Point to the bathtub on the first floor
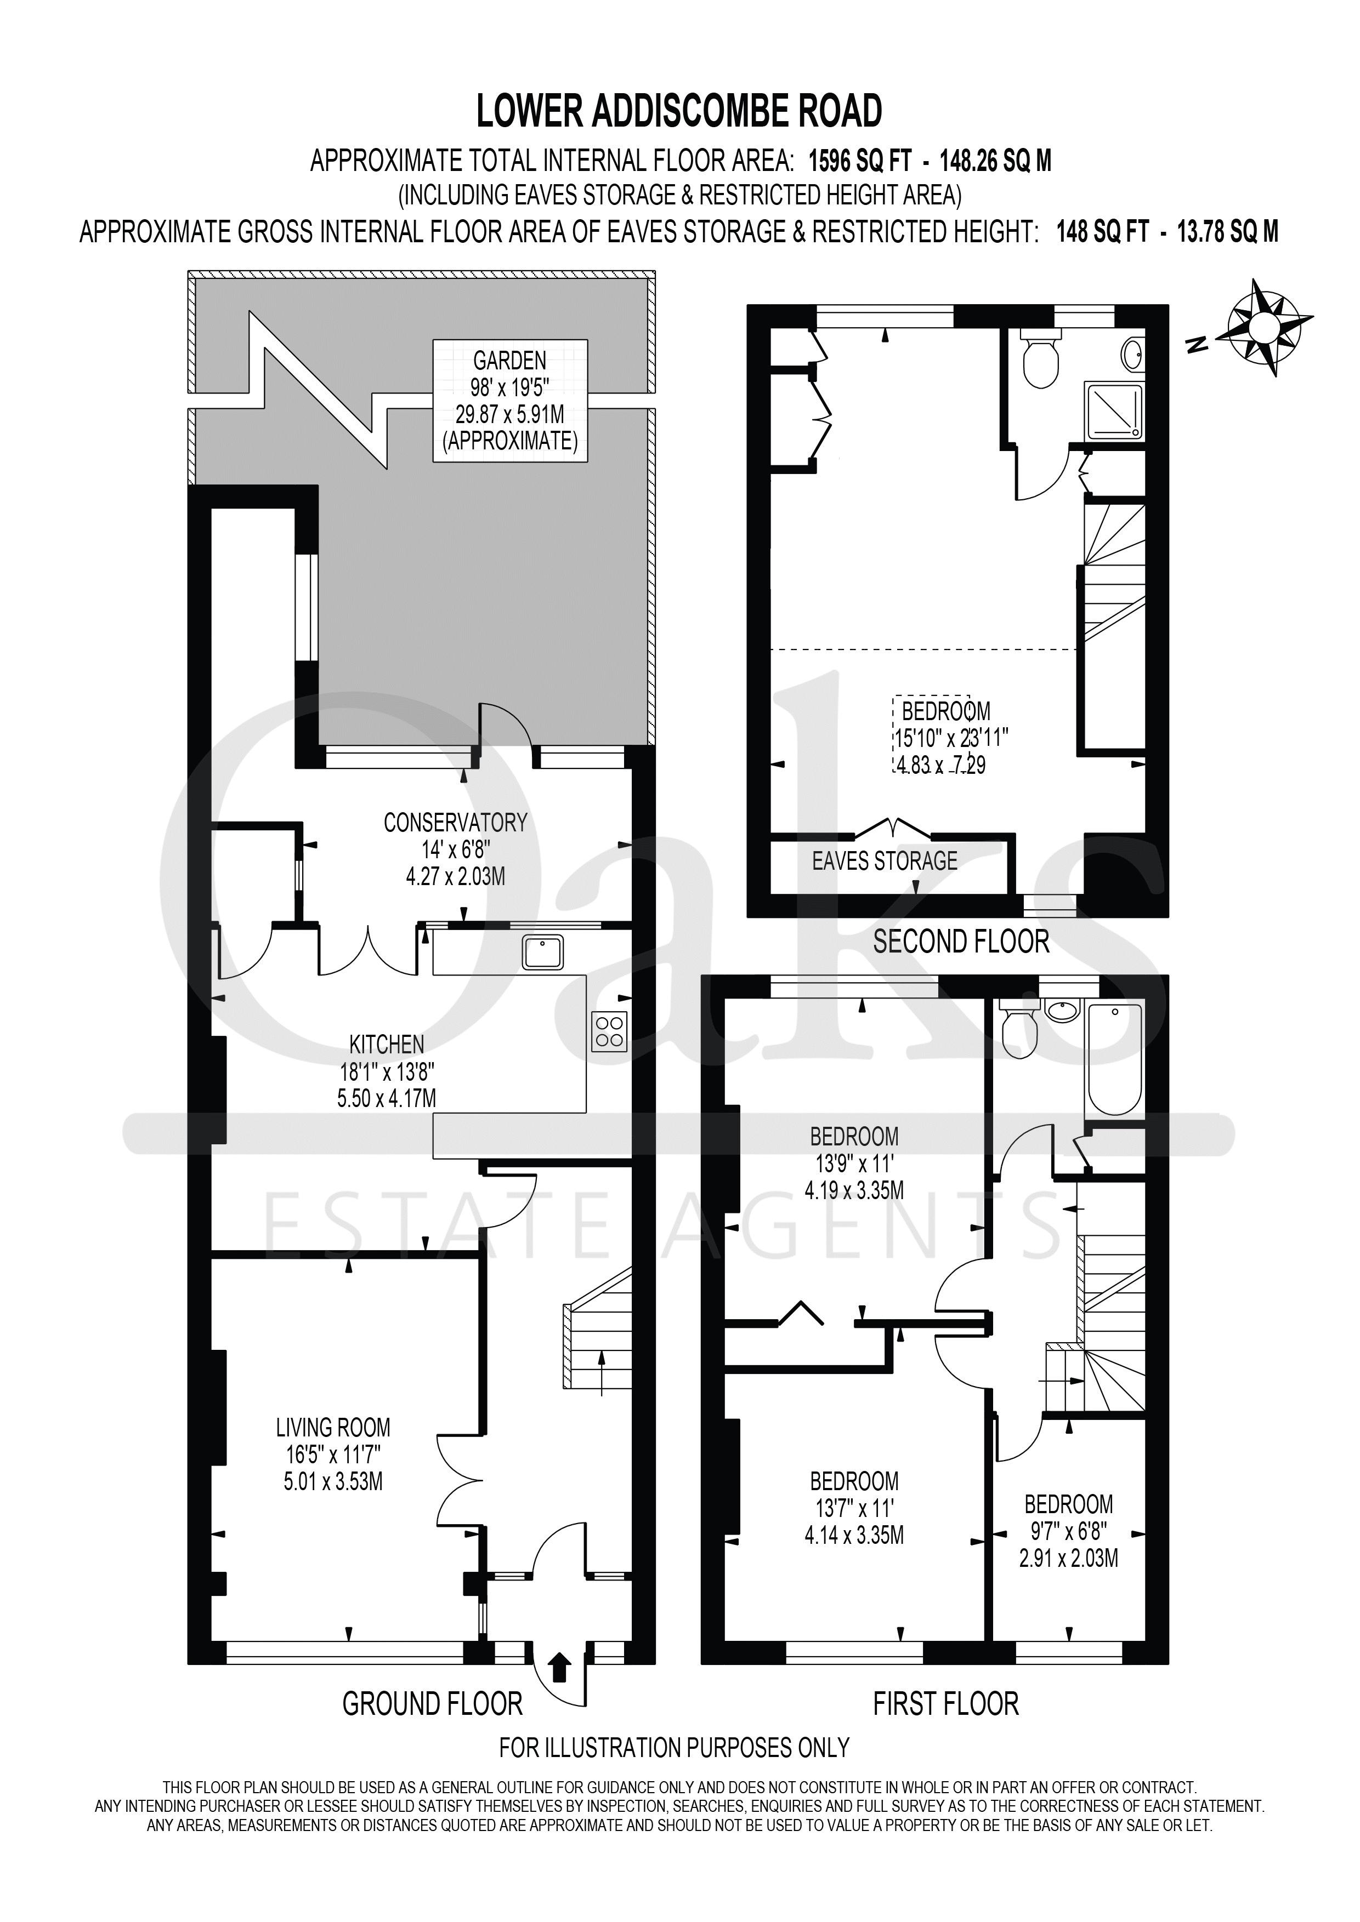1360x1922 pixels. [x=1113, y=1060]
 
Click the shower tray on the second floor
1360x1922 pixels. [x=1114, y=410]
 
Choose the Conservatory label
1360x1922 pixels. [x=456, y=823]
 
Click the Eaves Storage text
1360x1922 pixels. [x=885, y=860]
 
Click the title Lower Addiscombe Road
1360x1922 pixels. [x=679, y=111]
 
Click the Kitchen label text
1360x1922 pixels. [x=387, y=1044]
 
